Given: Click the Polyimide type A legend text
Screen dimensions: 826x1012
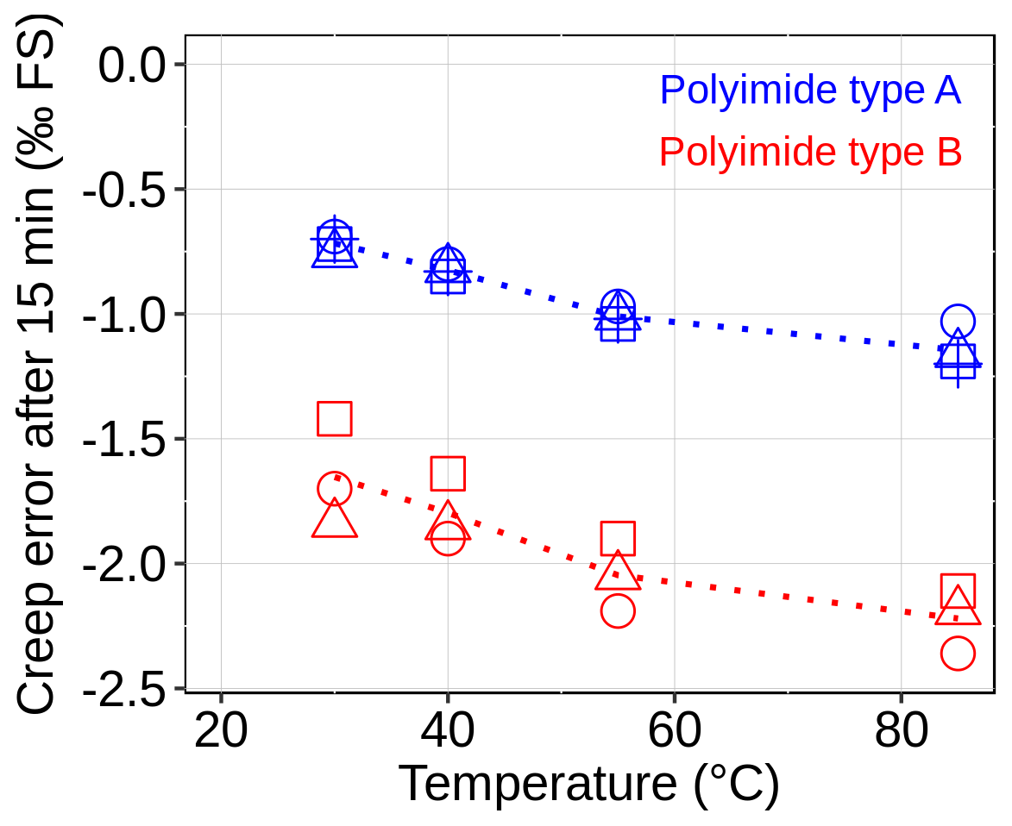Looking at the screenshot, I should tap(810, 91).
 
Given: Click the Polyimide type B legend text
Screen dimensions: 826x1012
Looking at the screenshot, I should tap(810, 153).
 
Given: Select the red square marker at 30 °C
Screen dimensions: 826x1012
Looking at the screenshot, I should tap(335, 418).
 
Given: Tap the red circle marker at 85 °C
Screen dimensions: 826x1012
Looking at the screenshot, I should tap(958, 654).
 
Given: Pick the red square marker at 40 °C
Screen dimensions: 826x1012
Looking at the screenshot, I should tap(448, 473).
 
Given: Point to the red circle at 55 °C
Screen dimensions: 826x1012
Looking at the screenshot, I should tap(618, 611).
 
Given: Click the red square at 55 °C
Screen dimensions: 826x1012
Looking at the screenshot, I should tap(618, 539).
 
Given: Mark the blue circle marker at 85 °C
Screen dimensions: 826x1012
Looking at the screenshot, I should tap(958, 322).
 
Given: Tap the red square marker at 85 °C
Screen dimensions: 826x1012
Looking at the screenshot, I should tap(958, 591).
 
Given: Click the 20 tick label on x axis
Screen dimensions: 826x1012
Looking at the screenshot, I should tap(221, 733).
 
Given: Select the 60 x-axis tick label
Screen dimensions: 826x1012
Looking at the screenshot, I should tap(673, 733).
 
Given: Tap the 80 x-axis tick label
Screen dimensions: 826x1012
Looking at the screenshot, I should tap(902, 733).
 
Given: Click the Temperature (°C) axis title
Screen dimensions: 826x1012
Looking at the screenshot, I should tap(589, 784).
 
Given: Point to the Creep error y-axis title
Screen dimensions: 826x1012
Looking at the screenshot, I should tap(36, 362).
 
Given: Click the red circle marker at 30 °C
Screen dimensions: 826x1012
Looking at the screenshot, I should tap(335, 489).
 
